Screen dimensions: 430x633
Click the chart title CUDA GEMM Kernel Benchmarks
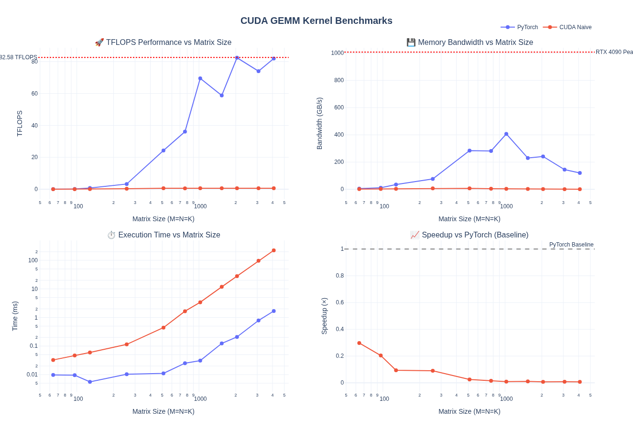(316, 21)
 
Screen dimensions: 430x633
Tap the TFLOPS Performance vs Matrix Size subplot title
(163, 43)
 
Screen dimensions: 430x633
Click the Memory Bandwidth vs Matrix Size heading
(469, 43)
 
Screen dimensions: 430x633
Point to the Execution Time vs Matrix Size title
(164, 235)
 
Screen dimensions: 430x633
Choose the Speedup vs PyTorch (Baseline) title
(469, 235)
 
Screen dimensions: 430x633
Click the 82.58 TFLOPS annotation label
(18, 57)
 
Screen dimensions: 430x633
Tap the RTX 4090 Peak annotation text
(614, 52)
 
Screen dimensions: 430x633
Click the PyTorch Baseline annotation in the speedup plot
(571, 245)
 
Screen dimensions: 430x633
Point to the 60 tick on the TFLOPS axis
(34, 94)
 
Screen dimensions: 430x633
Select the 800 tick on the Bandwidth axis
(339, 80)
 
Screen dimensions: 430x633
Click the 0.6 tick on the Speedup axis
(339, 302)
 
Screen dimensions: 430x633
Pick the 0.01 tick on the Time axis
(32, 375)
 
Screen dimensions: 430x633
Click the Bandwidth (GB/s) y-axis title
(319, 123)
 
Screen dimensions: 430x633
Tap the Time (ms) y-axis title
(15, 316)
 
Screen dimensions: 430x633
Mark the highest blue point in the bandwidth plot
(506, 134)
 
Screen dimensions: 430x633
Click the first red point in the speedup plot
(359, 343)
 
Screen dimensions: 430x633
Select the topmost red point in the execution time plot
(273, 250)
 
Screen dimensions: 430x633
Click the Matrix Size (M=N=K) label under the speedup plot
(469, 411)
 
